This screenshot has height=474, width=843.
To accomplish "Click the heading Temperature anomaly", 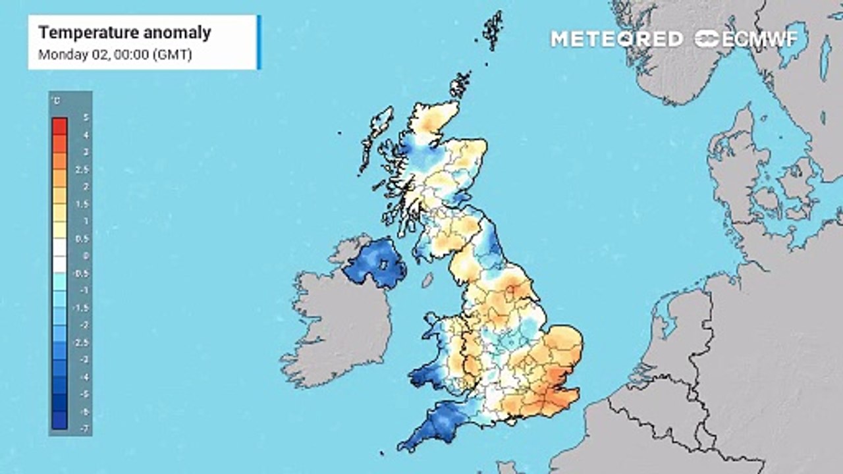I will (x=124, y=32).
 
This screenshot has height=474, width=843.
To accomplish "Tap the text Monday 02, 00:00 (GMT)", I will (x=115, y=55).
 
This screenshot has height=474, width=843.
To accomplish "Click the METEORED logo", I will (x=616, y=39).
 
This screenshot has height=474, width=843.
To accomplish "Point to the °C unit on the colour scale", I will (x=57, y=101).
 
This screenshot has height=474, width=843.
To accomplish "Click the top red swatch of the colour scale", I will (x=59, y=126).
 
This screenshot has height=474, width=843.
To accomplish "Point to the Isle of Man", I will (x=427, y=280).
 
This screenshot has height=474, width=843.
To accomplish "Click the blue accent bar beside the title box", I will (x=259, y=42).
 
